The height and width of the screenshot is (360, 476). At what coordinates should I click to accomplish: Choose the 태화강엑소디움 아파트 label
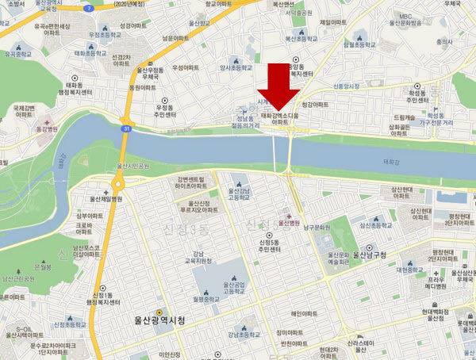[x=282, y=120]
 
